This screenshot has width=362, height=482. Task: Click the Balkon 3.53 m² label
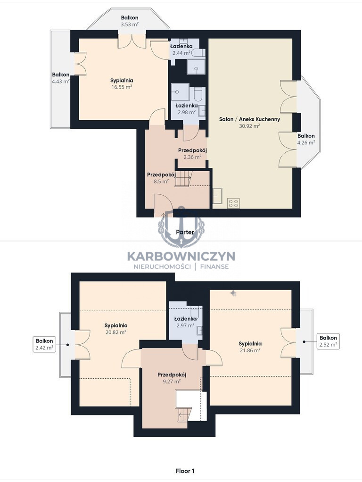coord(129,21)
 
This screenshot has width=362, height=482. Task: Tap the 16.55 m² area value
coord(122,87)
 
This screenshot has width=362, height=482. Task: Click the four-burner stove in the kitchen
coord(233,203)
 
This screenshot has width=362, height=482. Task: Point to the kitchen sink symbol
coord(218,196)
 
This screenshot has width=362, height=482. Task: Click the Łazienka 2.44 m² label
coord(181,50)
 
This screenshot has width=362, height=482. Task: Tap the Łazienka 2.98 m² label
coord(187,109)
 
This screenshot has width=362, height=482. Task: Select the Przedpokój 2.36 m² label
coord(192,154)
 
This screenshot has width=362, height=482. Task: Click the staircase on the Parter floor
coord(183,179)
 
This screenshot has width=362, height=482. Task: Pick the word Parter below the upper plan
coord(185,232)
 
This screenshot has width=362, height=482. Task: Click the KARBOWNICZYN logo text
coord(181,256)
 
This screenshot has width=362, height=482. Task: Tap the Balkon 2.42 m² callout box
coord(45,344)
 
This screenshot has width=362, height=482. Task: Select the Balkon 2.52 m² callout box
coord(328,341)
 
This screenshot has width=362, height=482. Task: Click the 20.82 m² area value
coord(116,332)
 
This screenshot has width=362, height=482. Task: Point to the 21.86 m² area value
coord(250,350)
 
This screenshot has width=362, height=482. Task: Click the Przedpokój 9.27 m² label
coord(172,378)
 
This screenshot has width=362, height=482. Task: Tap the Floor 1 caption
coord(185,471)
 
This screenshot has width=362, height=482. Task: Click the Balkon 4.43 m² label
coord(60,78)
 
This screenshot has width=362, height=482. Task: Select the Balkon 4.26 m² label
coord(306,139)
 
